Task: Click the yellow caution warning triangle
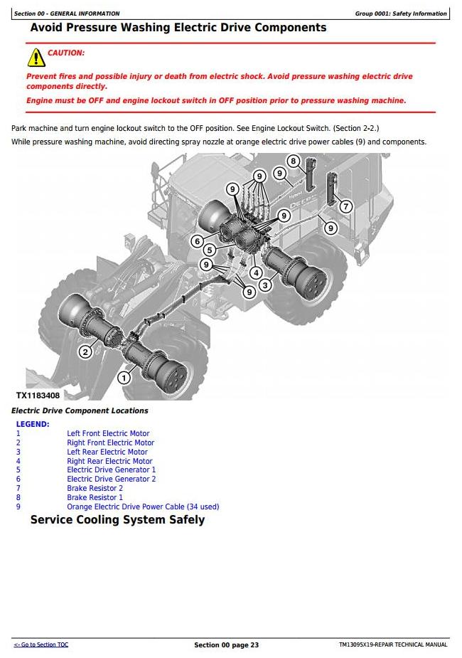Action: (x=36, y=57)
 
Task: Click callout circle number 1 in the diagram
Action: (x=124, y=377)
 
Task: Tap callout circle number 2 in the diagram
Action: (x=85, y=351)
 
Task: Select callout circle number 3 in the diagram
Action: (x=265, y=285)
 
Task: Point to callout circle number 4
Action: (x=255, y=272)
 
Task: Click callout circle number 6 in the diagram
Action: (x=198, y=241)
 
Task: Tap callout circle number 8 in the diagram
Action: (x=293, y=161)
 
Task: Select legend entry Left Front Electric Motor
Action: (x=108, y=433)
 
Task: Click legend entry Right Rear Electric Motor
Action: (x=109, y=461)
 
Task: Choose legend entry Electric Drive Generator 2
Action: (x=111, y=479)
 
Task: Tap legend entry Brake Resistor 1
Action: (x=95, y=497)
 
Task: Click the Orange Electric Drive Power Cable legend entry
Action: (x=143, y=506)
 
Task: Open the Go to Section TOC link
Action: (x=41, y=644)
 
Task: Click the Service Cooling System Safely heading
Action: (x=117, y=520)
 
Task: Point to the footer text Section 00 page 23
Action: (x=226, y=645)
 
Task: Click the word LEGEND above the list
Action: (x=33, y=424)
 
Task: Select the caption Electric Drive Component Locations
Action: (x=80, y=411)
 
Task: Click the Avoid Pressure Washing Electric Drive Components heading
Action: (x=178, y=28)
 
